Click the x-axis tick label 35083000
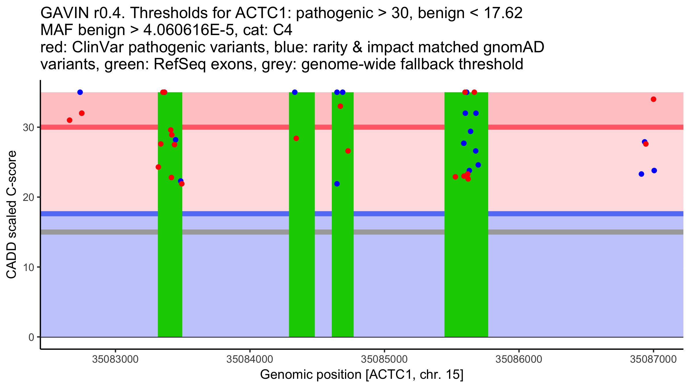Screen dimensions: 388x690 click(115, 359)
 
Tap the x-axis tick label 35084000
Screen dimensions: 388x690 click(250, 359)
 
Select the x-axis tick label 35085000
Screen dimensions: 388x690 click(384, 359)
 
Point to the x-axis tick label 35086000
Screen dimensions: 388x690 click(519, 359)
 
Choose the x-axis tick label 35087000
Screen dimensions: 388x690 click(653, 359)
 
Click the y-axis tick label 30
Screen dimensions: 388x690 click(28, 127)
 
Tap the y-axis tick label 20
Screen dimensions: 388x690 click(28, 197)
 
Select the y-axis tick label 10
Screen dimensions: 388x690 click(28, 267)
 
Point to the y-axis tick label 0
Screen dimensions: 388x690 click(31, 337)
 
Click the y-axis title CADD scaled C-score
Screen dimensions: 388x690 click(11, 214)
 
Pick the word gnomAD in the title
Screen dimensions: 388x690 click(513, 47)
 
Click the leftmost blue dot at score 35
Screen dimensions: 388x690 click(80, 92)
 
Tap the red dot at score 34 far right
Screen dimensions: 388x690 click(653, 99)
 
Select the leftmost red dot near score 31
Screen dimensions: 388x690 click(70, 120)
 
